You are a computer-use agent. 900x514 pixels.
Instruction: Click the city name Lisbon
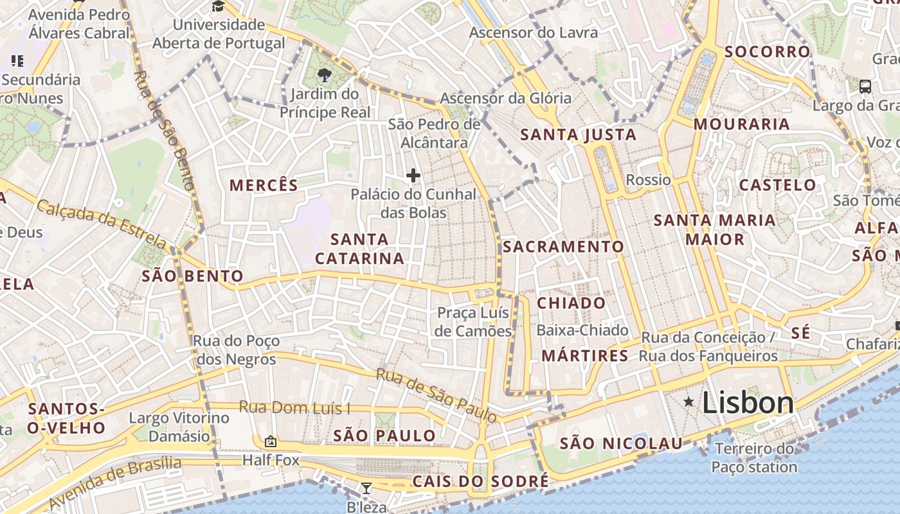[x=748, y=403]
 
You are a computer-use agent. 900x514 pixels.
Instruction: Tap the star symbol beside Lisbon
[x=688, y=402]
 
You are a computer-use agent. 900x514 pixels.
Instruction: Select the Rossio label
[x=648, y=180]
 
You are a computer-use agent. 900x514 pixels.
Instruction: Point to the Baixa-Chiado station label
[x=582, y=330]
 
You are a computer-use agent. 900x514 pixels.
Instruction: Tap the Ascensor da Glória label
[x=505, y=98]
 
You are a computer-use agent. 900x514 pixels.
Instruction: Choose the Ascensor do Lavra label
[x=533, y=32]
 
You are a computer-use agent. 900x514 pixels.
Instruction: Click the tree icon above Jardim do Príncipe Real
[x=324, y=75]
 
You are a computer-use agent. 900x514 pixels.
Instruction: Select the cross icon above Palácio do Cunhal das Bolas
[x=413, y=175]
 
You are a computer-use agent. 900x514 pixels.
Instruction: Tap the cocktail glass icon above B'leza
[x=366, y=488]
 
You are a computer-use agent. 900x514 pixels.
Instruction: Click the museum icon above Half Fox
[x=270, y=441]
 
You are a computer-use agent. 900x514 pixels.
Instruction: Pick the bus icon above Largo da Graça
[x=865, y=86]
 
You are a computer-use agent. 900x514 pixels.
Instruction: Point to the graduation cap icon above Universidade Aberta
[x=218, y=6]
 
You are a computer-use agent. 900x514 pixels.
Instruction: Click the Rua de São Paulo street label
[x=437, y=395]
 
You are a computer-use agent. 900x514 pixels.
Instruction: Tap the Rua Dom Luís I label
[x=294, y=407]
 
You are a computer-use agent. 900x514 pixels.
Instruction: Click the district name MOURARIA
[x=741, y=124]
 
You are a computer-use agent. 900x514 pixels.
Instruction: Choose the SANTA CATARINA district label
[x=359, y=249]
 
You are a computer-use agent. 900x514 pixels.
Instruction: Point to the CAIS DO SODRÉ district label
[x=480, y=481]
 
